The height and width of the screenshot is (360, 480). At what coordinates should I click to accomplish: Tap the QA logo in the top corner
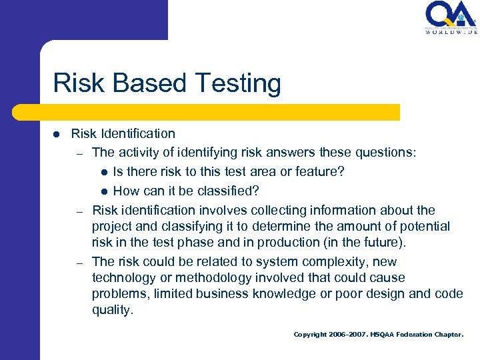click(451, 14)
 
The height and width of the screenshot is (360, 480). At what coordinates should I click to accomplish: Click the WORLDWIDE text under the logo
click(451, 31)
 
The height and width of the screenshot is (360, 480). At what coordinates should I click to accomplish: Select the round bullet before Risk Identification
click(57, 134)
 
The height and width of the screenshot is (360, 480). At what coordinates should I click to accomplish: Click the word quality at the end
click(112, 310)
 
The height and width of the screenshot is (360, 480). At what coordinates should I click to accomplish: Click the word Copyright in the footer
click(311, 335)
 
